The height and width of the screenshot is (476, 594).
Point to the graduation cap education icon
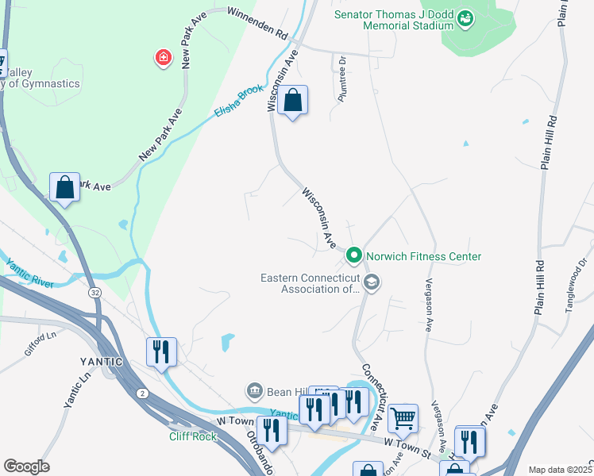click(x=371, y=282)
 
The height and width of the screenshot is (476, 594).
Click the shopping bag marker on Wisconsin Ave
click(x=292, y=101)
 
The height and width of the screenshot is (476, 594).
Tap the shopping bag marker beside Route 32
click(x=64, y=188)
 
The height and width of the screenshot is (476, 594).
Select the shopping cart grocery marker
click(x=403, y=416)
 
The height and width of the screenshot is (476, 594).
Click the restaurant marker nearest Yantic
click(x=161, y=351)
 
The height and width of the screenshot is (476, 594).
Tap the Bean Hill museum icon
click(x=254, y=390)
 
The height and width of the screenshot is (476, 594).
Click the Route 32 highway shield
click(x=94, y=293)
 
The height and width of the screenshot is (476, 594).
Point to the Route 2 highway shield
click(x=141, y=393)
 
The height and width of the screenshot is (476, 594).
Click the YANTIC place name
click(x=100, y=362)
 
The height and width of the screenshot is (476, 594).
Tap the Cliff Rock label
click(x=193, y=436)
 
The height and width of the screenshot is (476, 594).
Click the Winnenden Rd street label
click(x=256, y=24)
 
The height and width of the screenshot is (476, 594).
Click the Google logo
click(x=26, y=466)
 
